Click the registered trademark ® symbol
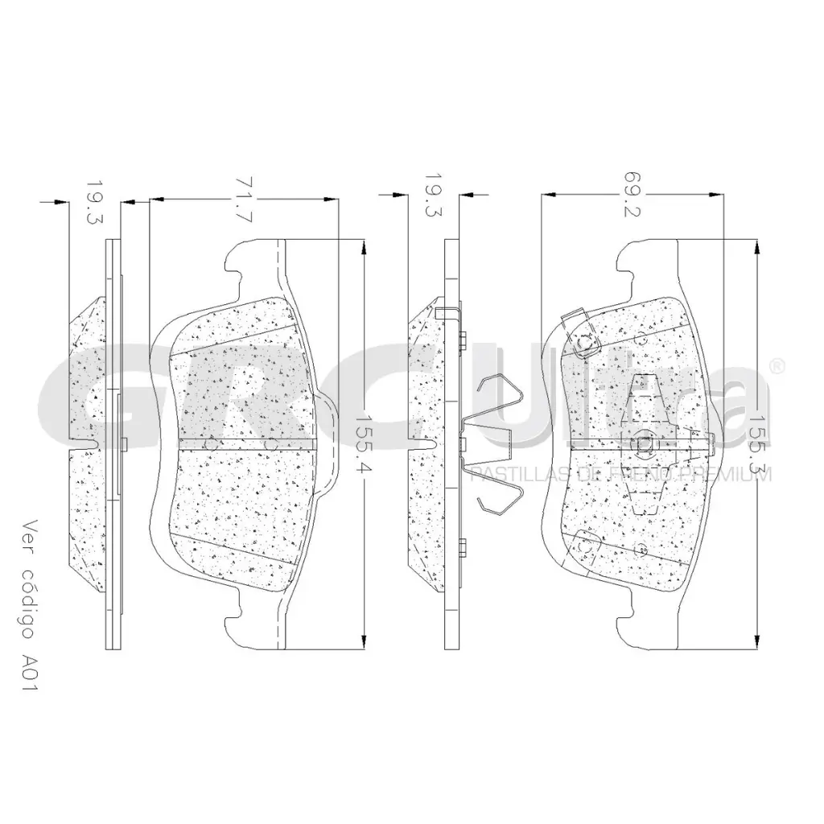777,366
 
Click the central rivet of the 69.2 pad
644,443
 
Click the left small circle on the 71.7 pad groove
211,443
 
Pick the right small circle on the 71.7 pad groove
271,443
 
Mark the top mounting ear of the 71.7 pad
241,262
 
